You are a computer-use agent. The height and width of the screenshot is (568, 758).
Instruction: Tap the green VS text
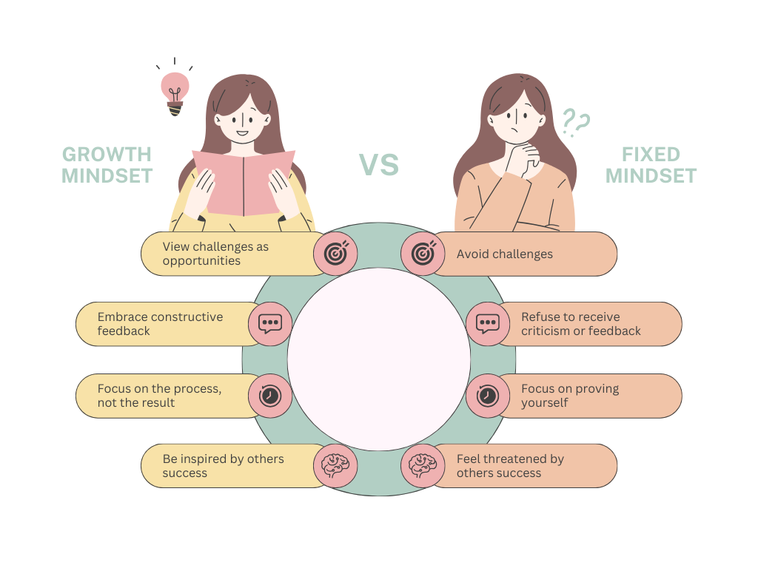click(x=379, y=165)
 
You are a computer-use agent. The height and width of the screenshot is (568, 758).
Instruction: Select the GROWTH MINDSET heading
click(x=107, y=165)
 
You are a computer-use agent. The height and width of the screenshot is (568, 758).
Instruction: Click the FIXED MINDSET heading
click(x=651, y=165)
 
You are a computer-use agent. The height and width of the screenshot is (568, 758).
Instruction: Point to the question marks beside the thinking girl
click(x=576, y=122)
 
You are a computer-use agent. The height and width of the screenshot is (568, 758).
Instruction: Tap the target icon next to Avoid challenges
click(x=423, y=254)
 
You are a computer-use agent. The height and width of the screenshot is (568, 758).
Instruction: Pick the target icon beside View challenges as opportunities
click(x=335, y=254)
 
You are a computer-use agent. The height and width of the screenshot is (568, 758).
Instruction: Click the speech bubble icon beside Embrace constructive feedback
click(x=270, y=324)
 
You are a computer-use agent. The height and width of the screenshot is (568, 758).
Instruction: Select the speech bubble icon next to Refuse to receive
click(x=488, y=324)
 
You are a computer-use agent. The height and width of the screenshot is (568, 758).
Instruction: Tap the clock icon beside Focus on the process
click(x=269, y=396)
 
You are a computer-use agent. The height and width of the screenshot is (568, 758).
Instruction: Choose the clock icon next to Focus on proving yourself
click(x=487, y=396)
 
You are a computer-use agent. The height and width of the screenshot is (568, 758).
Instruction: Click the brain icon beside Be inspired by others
click(x=335, y=466)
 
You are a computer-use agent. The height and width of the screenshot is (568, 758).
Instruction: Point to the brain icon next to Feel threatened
click(x=423, y=466)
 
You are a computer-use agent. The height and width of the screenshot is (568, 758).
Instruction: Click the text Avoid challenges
click(x=505, y=254)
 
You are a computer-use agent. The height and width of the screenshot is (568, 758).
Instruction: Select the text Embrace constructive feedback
click(x=160, y=324)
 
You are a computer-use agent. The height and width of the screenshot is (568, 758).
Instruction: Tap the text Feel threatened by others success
click(x=511, y=466)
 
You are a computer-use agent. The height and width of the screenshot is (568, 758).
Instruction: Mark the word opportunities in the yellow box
click(x=201, y=261)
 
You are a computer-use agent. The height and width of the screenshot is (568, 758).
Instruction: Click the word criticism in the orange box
click(x=544, y=331)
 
